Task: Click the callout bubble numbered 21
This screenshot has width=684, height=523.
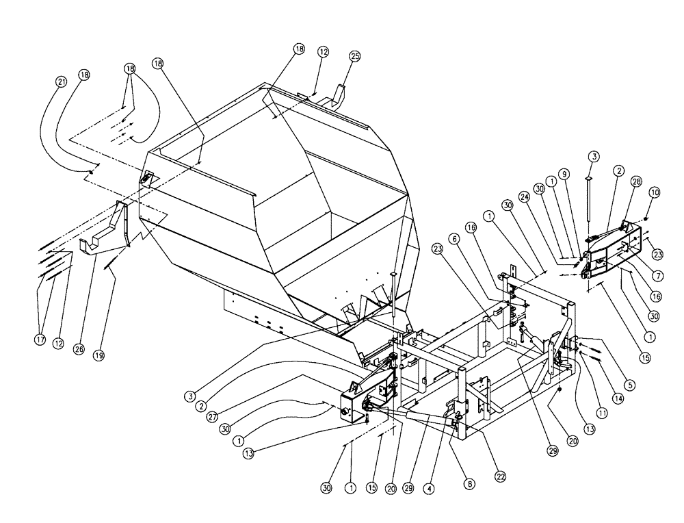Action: [62, 82]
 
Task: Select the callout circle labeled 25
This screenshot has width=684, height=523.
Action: [354, 56]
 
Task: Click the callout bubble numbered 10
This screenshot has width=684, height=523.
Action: [654, 194]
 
